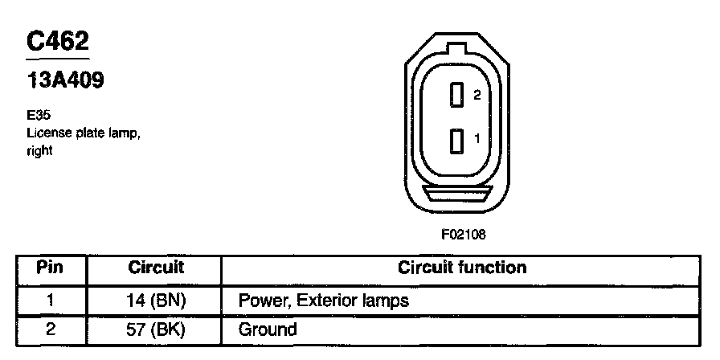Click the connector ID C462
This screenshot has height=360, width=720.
pyautogui.click(x=56, y=43)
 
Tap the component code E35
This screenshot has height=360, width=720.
pyautogui.click(x=38, y=116)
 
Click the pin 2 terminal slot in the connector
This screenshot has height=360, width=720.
pyautogui.click(x=456, y=96)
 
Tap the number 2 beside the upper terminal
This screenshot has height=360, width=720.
pyautogui.click(x=477, y=95)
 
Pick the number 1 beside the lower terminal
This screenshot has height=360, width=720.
pyautogui.click(x=477, y=138)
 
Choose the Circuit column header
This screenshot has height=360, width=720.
pyautogui.click(x=156, y=268)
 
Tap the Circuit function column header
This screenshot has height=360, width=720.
pyautogui.click(x=462, y=268)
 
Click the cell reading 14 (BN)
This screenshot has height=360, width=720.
pyautogui.click(x=156, y=302)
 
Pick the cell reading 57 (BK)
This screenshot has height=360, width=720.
pyautogui.click(x=156, y=329)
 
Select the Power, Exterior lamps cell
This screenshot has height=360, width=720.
pyautogui.click(x=324, y=302)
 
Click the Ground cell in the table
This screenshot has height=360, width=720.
pyautogui.click(x=268, y=329)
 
